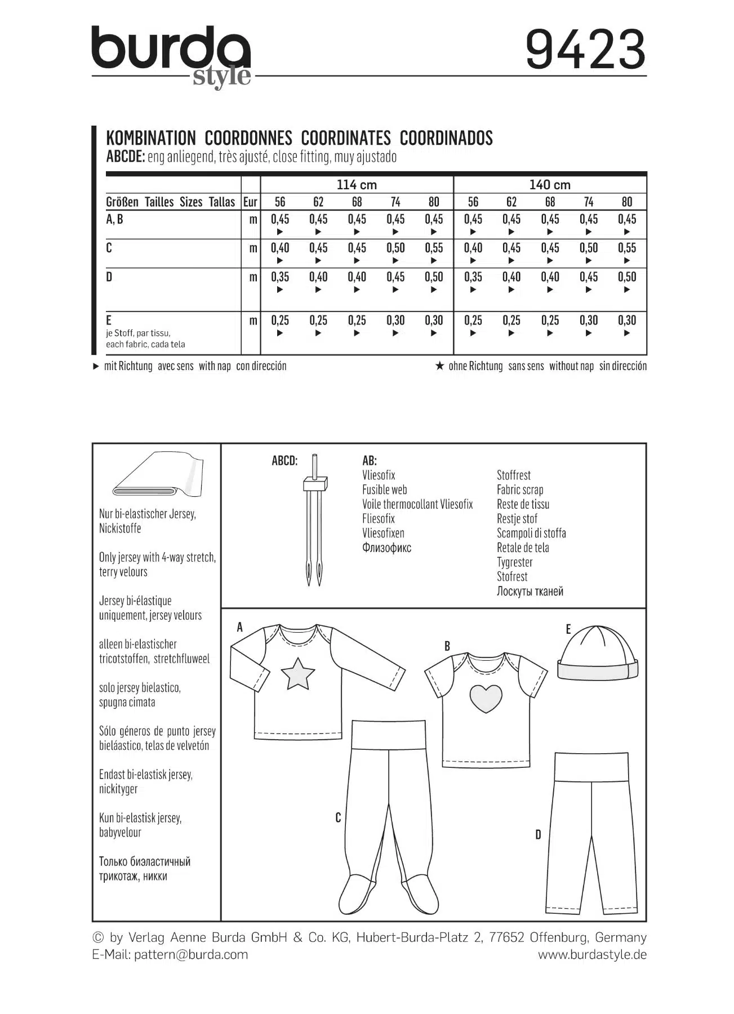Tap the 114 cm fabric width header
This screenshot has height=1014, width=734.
point(357,185)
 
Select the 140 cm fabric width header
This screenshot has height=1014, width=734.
point(550,185)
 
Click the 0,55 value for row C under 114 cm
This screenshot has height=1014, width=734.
point(434,248)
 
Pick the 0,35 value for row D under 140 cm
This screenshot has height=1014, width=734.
point(473,277)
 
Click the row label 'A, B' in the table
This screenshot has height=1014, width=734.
point(114,219)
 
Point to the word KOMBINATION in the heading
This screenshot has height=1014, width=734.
point(151,138)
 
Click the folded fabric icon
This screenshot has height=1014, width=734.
point(158,475)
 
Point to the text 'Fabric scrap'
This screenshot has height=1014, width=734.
point(519,490)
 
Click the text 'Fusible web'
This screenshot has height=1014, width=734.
point(384,490)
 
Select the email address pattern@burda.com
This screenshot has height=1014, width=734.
point(190,954)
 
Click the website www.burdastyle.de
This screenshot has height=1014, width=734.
point(591,954)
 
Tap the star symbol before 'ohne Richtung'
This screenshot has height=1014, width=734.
point(440,366)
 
